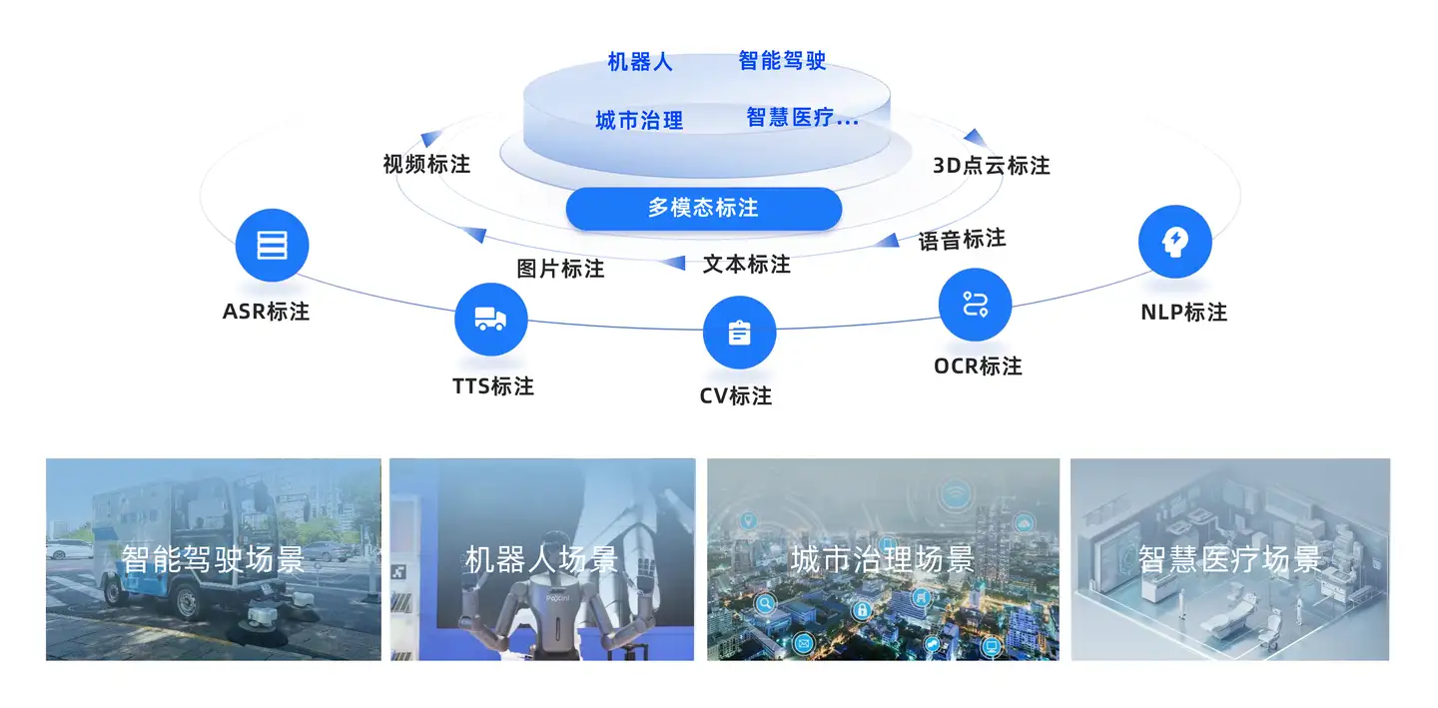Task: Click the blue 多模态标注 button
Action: point(703,208)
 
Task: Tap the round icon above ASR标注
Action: point(272,245)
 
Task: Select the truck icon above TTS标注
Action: point(490,320)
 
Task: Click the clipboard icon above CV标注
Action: point(739,333)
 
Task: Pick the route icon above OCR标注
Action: point(975,305)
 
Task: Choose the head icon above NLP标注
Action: point(1175,241)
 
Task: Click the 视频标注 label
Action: point(426,164)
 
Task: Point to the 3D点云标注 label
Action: point(991,166)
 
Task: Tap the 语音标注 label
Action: point(962,240)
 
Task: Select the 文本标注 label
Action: point(746,265)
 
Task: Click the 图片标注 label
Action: point(560,269)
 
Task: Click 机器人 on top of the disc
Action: point(640,62)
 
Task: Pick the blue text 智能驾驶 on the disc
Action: point(782,61)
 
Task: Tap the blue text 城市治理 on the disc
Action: point(639,121)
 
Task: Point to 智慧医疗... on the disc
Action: point(802,118)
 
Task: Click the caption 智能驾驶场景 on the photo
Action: point(213,559)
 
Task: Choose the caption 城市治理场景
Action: point(882,559)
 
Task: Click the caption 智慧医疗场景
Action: point(1229,559)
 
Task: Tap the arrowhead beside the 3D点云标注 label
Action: point(974,137)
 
